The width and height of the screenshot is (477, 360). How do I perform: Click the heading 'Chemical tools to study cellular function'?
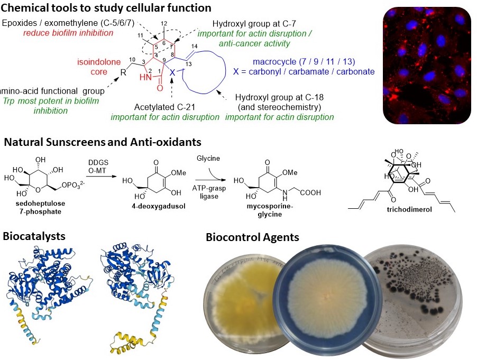click(x=106, y=8)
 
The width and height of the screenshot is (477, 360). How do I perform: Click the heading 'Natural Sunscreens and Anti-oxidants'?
click(x=102, y=142)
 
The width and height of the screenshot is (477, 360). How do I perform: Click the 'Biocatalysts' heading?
click(x=34, y=235)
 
